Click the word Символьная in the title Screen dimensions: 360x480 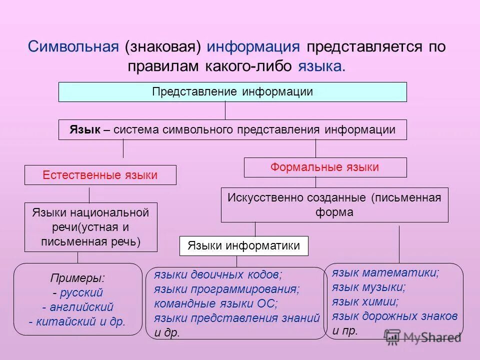pos(73,46)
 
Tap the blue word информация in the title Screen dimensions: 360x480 pos(253,46)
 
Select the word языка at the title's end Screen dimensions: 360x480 pos(321,66)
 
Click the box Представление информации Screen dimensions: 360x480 pos(232,92)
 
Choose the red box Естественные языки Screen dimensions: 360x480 pos(100,175)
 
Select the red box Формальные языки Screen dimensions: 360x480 pos(324,167)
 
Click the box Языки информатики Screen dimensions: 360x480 pos(243,246)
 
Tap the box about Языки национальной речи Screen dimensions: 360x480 pos(90,227)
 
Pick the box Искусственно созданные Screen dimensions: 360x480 pos(334,204)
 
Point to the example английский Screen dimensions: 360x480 pos(80,306)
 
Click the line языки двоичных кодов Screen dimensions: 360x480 pos(218,274)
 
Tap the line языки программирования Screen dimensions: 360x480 pos(226,289)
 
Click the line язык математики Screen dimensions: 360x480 pos(385,273)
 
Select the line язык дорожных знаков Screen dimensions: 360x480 pos(394,316)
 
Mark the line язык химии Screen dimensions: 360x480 pos(365,301)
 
